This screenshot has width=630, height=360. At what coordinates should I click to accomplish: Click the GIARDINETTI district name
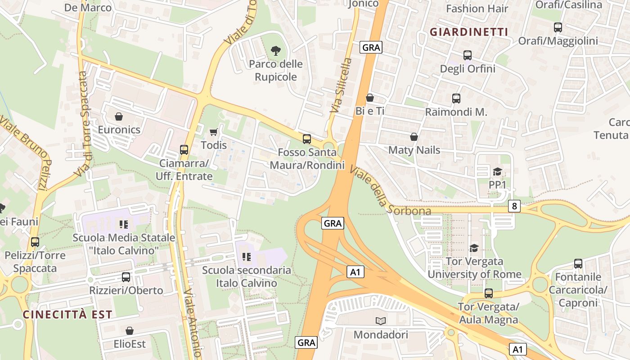click(468, 32)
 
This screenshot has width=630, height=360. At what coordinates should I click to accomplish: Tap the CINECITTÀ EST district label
click(67, 315)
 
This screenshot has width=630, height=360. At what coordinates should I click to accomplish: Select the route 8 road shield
click(514, 206)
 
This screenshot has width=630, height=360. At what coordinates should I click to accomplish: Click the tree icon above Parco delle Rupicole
click(276, 51)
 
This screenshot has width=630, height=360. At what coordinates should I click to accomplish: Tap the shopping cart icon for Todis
click(214, 132)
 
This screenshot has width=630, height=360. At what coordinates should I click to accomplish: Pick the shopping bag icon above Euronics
click(119, 117)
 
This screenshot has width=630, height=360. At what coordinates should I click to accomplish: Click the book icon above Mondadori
click(381, 321)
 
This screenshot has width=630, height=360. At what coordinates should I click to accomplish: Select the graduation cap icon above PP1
click(497, 171)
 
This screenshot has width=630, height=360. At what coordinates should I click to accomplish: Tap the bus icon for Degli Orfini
click(468, 55)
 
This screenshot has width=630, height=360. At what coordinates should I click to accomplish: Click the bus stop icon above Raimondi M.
click(456, 99)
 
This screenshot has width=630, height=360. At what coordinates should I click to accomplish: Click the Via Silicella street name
click(340, 85)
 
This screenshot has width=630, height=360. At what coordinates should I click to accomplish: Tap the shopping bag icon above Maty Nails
click(414, 137)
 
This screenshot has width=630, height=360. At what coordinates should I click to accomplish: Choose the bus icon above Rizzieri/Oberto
click(126, 277)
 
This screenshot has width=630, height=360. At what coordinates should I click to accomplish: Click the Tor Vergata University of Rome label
click(474, 268)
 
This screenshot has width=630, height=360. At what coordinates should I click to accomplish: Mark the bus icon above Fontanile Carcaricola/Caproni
click(578, 264)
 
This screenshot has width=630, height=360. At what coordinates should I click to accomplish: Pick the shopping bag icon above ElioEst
click(130, 331)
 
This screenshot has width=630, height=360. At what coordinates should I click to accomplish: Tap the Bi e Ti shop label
click(370, 111)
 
